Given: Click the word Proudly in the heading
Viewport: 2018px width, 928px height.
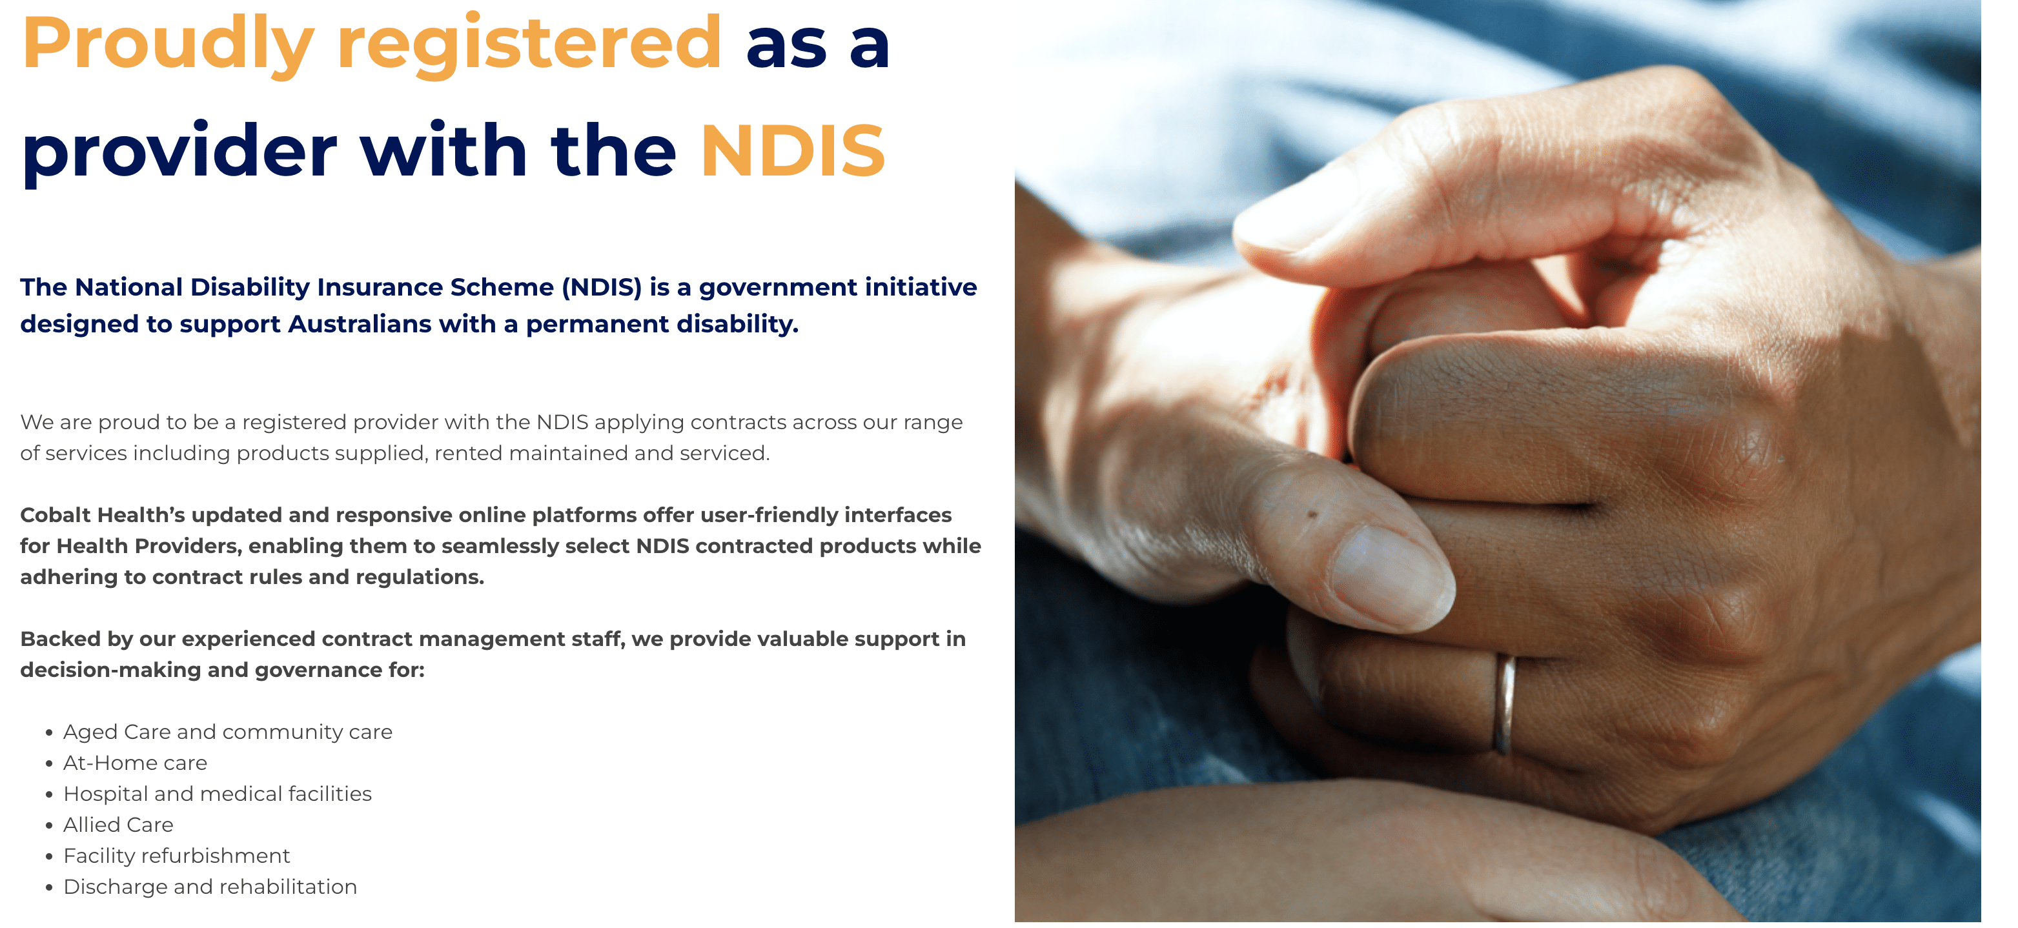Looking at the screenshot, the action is (168, 45).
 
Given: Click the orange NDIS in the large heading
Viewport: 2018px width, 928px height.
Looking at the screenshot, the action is (793, 150).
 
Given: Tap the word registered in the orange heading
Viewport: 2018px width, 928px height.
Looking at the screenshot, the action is (529, 45).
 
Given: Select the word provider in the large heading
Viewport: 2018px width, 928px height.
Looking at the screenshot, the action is (179, 153).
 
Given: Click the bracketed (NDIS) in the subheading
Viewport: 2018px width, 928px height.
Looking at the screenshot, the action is (602, 287).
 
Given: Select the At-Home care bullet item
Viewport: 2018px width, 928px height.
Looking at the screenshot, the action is (135, 763).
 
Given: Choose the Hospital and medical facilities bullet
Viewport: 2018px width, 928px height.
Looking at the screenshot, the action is (217, 793).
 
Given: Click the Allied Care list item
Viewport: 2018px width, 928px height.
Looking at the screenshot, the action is (118, 825).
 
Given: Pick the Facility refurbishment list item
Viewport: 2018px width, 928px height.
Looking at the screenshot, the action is (176, 855).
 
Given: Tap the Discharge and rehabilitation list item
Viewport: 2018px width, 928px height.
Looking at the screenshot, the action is (210, 887).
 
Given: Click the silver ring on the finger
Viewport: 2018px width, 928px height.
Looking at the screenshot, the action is (1503, 704).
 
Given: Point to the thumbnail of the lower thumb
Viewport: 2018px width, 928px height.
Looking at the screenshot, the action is (1394, 576).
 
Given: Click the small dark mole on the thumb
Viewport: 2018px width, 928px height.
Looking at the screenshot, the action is (1313, 514).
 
